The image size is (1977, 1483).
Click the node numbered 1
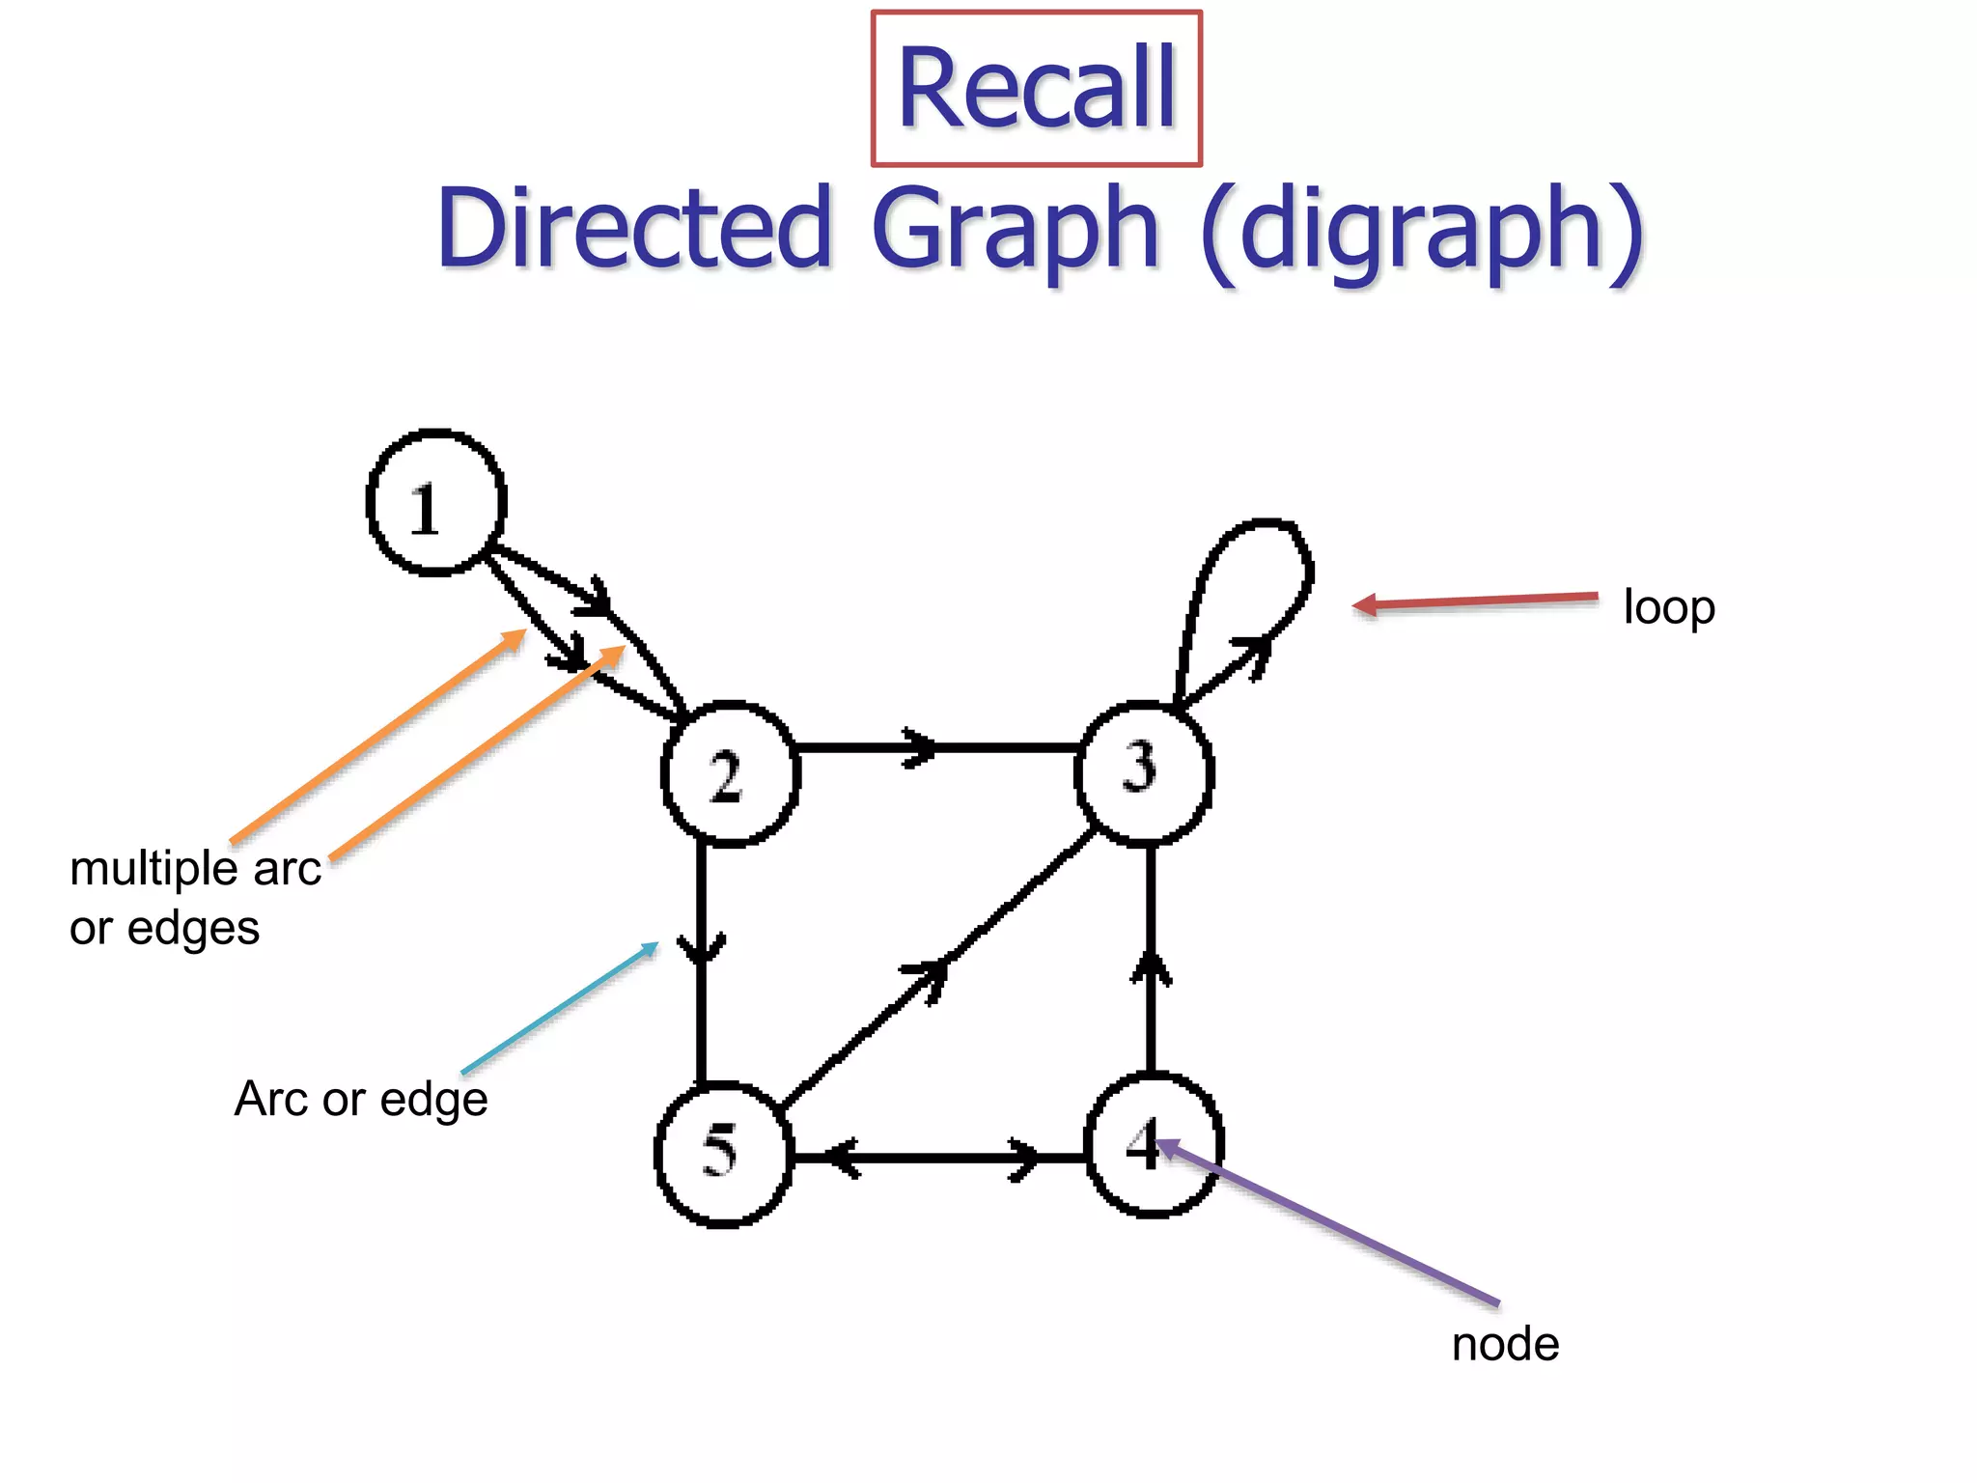[x=436, y=503]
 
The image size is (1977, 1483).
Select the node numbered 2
[x=731, y=774]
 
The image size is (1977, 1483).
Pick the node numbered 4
[x=1155, y=1146]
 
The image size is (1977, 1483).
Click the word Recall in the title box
[x=1036, y=89]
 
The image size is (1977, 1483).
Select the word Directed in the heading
[x=634, y=229]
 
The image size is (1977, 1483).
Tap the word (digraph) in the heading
[x=1422, y=231]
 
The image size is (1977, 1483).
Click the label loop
[x=1668, y=607]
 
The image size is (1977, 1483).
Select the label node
[x=1504, y=1344]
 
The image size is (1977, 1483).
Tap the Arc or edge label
[x=361, y=1100]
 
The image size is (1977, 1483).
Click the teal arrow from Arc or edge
[x=560, y=1008]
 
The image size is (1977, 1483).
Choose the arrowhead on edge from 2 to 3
[x=920, y=747]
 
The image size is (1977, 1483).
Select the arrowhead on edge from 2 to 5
[x=701, y=950]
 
